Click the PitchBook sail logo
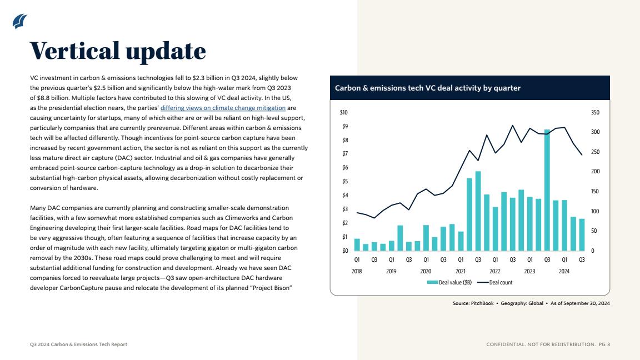click(x=19, y=21)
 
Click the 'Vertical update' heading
click(x=118, y=51)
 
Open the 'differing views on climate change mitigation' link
click(x=223, y=108)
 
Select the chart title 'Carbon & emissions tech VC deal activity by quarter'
click(x=427, y=88)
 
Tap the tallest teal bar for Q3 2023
click(x=547, y=190)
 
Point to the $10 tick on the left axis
click(x=344, y=112)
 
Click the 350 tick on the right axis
click(x=595, y=112)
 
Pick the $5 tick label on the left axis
click(x=345, y=181)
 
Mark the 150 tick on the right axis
click(x=595, y=192)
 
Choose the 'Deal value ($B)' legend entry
click(x=449, y=282)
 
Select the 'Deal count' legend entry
click(x=494, y=282)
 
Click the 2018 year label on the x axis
click(x=357, y=271)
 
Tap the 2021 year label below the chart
click(x=461, y=271)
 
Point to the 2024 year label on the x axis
click(x=564, y=271)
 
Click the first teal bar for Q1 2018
click(x=357, y=244)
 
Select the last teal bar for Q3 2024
click(x=582, y=234)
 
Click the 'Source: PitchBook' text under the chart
click(x=473, y=303)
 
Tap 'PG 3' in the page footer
click(x=604, y=344)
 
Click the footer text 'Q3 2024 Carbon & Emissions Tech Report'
click(x=78, y=344)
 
